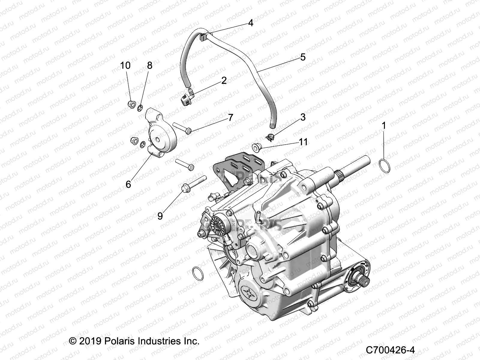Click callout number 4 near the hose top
point(250,23)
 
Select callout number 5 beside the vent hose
point(303,57)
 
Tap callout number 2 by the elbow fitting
point(224,80)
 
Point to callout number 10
point(125,65)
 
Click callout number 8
point(149,65)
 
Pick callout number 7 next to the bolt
point(230,117)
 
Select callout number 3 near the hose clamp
point(303,117)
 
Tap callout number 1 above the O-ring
point(383,125)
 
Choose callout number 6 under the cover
point(128,184)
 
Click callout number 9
point(160,215)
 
